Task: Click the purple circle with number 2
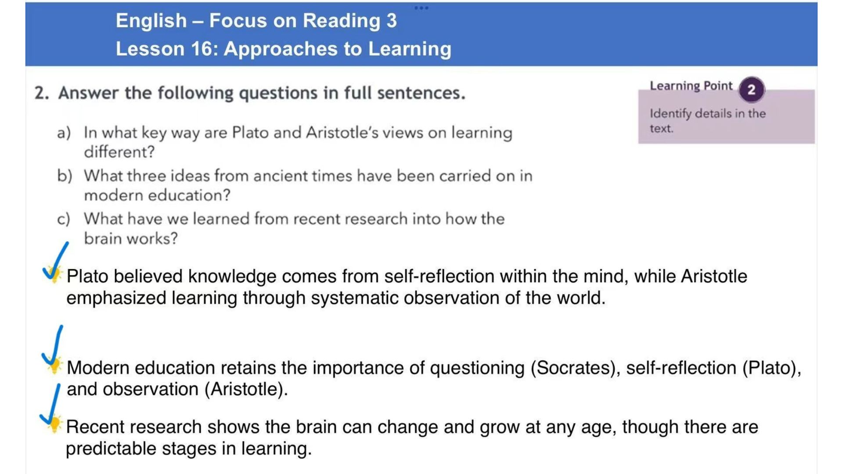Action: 751,90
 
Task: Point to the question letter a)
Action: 64,133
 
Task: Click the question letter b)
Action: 65,176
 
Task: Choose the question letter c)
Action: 64,219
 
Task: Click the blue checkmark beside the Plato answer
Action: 55,262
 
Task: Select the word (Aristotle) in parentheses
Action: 246,389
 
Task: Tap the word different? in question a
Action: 119,152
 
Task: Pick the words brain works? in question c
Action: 131,238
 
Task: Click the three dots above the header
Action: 421,7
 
